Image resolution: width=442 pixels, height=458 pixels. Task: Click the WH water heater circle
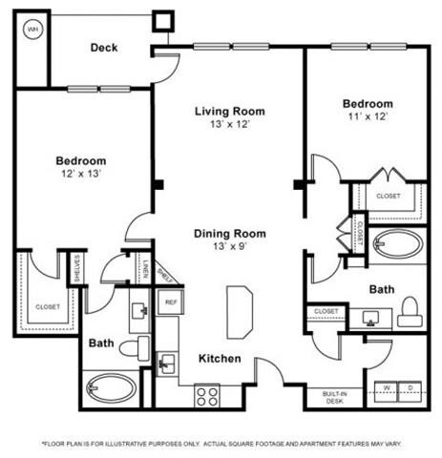33,29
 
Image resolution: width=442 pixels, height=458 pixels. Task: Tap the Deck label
104,48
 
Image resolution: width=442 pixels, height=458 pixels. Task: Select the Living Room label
229,111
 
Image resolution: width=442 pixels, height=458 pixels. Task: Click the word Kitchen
220,359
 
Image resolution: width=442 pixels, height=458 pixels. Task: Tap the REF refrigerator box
171,302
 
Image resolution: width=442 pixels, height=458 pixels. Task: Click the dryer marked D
412,386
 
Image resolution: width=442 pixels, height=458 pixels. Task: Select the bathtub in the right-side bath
396,246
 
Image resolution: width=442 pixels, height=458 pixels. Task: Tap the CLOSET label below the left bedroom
47,307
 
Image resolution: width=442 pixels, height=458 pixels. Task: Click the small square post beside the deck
163,20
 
